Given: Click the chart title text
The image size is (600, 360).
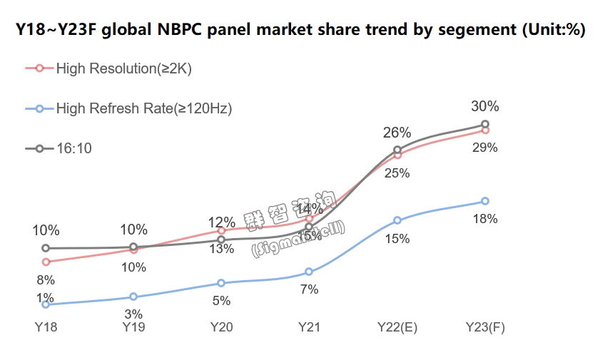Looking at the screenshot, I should point(300,30).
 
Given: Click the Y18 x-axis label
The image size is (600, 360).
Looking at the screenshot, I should point(46,327).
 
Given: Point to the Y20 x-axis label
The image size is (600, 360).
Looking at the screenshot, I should point(221,327).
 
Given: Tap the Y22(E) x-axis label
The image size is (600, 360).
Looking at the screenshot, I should point(397,327).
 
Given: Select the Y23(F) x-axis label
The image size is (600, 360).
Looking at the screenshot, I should point(485,327).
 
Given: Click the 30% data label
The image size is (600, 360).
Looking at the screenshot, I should point(485,107).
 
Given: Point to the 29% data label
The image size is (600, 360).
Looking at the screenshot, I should point(485,148).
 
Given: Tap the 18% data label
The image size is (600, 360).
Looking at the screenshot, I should point(485,219).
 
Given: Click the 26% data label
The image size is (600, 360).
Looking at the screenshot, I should point(397,133).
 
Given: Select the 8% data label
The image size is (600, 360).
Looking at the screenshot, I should point(46,280).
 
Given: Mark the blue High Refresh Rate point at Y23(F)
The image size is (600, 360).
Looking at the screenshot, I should point(485,201).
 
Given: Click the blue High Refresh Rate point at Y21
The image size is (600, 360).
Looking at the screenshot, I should point(309,272).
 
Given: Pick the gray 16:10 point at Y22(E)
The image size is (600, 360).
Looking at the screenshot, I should point(397,150).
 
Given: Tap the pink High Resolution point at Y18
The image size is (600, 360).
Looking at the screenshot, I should point(46,262).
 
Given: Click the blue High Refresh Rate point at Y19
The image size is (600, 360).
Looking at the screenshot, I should point(133,297).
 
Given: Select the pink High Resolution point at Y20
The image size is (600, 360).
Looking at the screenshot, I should point(221,230).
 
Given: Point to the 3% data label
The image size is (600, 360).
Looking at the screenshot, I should point(133,314).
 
